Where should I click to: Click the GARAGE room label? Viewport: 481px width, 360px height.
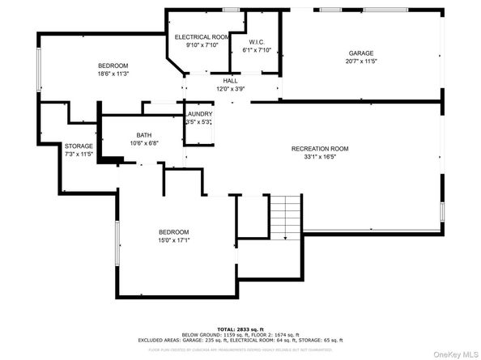[x=360, y=53]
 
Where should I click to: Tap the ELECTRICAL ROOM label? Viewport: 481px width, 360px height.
[x=202, y=37]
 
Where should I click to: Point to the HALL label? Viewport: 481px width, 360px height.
[x=230, y=81]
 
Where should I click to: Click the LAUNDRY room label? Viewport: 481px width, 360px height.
[x=199, y=114]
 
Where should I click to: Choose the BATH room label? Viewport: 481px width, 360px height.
[x=144, y=135]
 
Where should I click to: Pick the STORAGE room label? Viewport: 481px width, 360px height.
[x=79, y=146]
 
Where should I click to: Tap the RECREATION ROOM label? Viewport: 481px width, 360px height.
[x=320, y=149]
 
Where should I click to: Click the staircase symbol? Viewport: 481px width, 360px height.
[x=285, y=216]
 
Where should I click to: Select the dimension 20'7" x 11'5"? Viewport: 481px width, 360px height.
[x=360, y=61]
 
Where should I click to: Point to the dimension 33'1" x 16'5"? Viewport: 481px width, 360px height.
[x=320, y=157]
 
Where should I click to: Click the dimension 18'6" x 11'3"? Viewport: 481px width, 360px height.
[x=113, y=73]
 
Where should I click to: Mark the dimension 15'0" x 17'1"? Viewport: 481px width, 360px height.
[x=174, y=239]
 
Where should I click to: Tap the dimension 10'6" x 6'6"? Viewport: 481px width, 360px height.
[x=144, y=143]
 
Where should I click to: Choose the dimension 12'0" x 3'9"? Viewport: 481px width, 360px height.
[x=230, y=89]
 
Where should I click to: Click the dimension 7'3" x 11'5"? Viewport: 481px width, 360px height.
[x=79, y=154]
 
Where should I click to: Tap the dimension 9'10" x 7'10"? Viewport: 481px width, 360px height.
[x=202, y=45]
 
